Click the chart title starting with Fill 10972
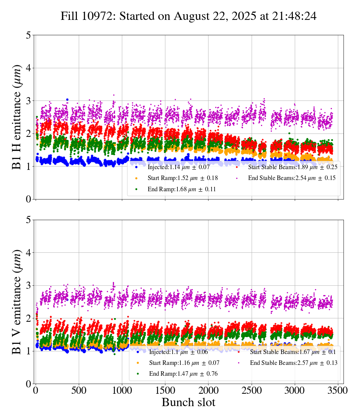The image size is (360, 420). [x=189, y=16]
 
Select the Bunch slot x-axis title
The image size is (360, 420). [x=189, y=402]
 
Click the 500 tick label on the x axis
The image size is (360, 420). [x=79, y=390]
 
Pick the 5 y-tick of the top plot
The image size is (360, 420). [x=28, y=35]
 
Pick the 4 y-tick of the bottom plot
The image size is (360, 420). [x=28, y=253]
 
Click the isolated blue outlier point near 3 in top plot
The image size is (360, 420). [x=67, y=100]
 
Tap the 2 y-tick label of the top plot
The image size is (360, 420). [x=28, y=133]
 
